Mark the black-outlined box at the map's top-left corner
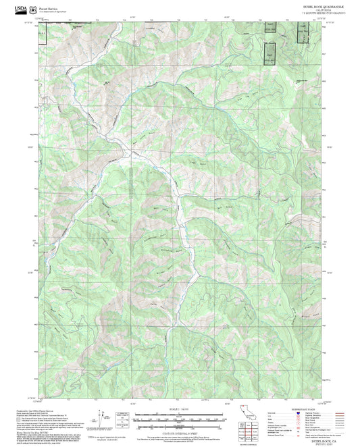(42, 34)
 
